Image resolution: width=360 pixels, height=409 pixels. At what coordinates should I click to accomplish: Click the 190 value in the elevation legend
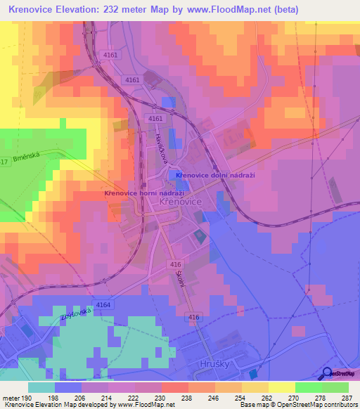[x=27, y=397]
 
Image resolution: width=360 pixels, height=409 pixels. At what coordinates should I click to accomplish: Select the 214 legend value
[x=108, y=397]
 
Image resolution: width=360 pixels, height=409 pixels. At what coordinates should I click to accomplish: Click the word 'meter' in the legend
[x=11, y=397]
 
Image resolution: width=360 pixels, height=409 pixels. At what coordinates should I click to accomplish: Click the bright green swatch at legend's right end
[x=335, y=387]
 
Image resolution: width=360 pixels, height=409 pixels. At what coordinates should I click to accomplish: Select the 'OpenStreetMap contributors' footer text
[x=319, y=405]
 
